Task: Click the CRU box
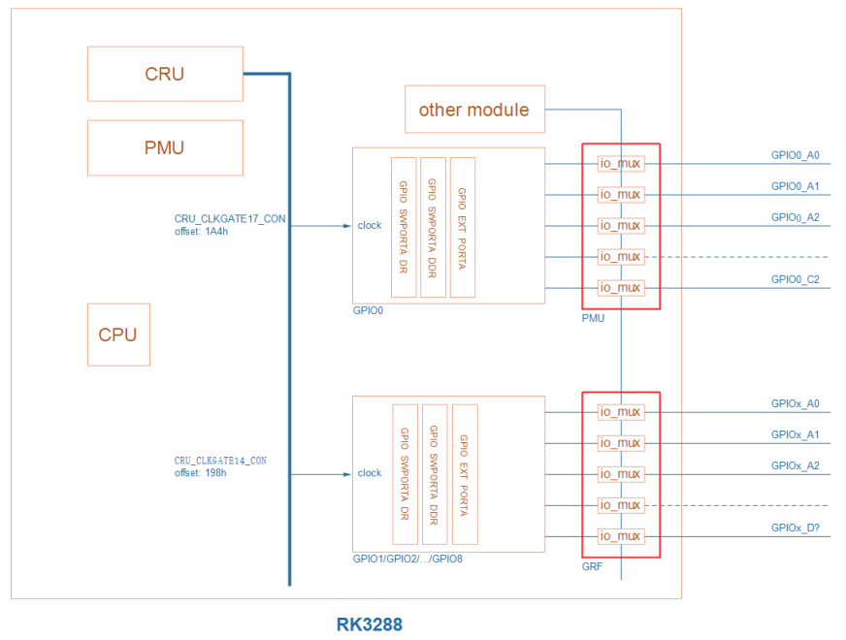tap(165, 74)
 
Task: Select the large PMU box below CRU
tap(165, 147)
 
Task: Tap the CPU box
tap(118, 335)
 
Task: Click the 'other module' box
tap(474, 110)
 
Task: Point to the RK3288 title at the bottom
tap(369, 624)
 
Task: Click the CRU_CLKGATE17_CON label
tap(230, 219)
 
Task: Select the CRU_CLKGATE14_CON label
tap(220, 461)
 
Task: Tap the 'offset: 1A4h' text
tap(201, 232)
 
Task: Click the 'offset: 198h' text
tap(201, 473)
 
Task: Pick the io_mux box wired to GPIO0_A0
tap(621, 164)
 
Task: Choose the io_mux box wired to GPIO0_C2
tap(621, 288)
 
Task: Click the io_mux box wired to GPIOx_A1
tap(621, 443)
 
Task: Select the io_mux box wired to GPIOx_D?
tap(621, 536)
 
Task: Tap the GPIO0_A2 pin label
tap(796, 217)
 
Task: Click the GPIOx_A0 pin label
tap(796, 403)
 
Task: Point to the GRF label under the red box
tap(592, 566)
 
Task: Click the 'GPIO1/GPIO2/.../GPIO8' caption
tap(407, 560)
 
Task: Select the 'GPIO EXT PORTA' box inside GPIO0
tap(463, 227)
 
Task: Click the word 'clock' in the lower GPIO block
tap(370, 473)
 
